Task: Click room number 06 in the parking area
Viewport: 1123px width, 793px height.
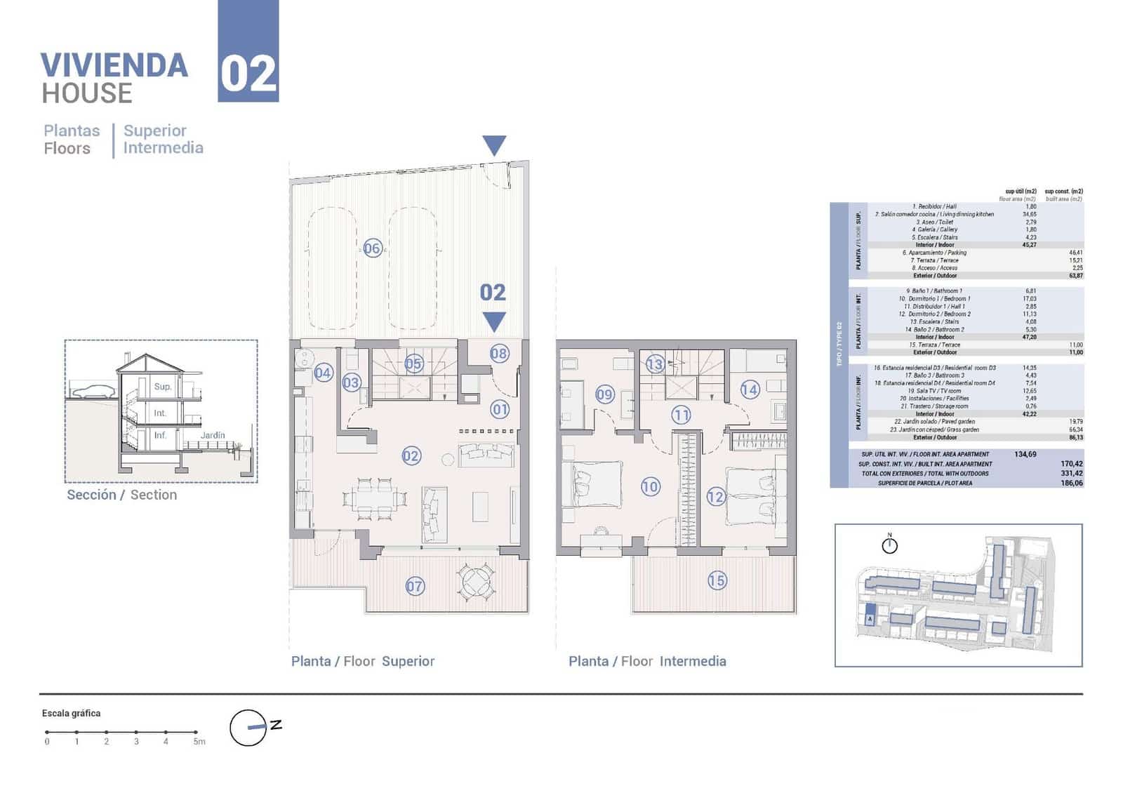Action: [372, 248]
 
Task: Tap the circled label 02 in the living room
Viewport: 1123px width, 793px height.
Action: [411, 456]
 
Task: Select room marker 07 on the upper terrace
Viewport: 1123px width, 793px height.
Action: [415, 586]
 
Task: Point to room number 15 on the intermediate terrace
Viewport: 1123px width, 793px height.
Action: [717, 580]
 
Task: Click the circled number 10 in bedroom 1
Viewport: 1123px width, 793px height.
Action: [650, 486]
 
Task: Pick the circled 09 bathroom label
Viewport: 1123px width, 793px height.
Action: [604, 394]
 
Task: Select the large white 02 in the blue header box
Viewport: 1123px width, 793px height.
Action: [248, 74]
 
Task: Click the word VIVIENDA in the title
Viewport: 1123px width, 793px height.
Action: [114, 66]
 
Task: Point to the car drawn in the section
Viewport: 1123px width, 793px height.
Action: [91, 392]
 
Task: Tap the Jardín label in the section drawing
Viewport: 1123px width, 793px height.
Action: [213, 435]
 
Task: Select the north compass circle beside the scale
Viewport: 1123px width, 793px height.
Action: [248, 728]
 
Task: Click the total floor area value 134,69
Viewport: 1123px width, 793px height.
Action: [1025, 454]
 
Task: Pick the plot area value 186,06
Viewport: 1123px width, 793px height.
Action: [1072, 483]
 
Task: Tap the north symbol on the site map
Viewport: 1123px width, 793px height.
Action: [889, 545]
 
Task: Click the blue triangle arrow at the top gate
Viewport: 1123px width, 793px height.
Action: [494, 145]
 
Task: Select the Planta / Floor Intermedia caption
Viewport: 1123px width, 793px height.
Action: [647, 661]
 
